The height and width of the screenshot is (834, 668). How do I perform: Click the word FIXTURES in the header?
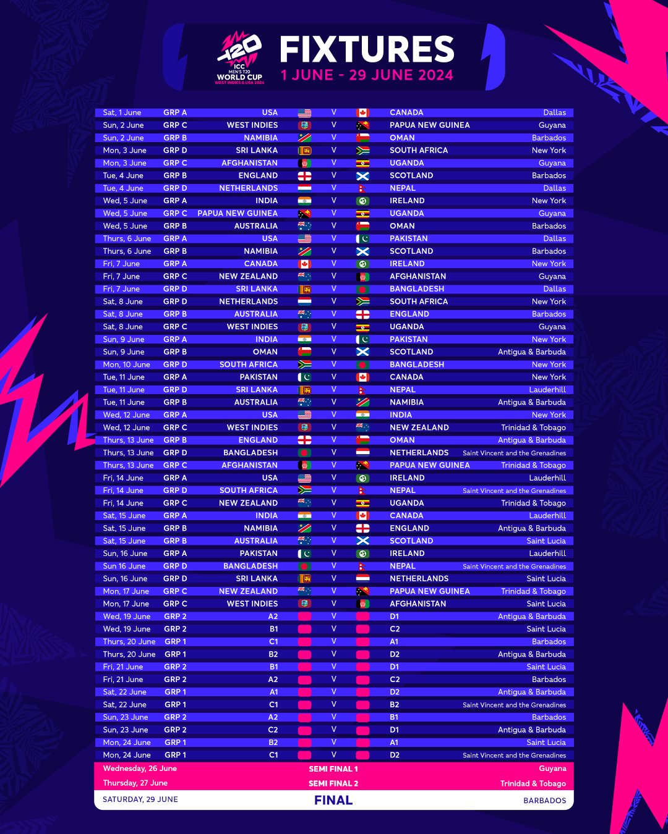point(367,49)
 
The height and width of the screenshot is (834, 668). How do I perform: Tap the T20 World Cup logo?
point(240,59)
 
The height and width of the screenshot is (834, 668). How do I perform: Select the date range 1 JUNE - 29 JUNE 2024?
point(367,75)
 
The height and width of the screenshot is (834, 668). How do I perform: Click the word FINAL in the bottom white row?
point(333,800)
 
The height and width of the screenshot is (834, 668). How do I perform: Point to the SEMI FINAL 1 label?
point(333,769)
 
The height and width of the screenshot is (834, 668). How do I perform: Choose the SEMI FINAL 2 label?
point(333,783)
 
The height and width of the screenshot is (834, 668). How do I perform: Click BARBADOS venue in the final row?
point(544,800)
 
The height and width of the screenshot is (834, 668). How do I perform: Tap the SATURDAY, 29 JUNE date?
point(140,799)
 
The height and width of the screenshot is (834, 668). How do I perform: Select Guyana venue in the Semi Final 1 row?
point(552,769)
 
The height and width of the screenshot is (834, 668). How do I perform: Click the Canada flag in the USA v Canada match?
point(363,113)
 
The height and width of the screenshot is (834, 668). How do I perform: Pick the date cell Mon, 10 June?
point(126,364)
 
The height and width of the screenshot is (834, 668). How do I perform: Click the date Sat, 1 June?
point(122,112)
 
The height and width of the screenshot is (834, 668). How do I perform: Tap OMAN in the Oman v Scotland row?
point(265,352)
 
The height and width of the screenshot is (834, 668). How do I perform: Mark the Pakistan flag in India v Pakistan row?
point(363,340)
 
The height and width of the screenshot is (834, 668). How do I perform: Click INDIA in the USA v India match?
point(401,415)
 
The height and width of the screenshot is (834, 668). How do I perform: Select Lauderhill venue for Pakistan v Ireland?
point(547,554)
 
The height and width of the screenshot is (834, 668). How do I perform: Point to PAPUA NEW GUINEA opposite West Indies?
point(429,125)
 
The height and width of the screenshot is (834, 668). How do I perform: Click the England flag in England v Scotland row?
point(304,176)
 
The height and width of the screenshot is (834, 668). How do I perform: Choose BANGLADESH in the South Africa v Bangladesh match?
point(417,364)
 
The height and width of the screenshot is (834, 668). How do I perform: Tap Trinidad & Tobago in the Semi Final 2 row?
point(533,783)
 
